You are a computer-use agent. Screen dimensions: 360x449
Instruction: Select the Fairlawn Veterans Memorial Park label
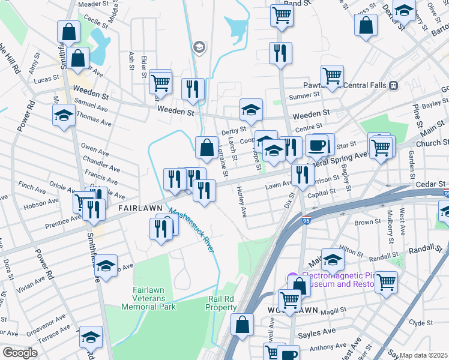(x=148, y=298)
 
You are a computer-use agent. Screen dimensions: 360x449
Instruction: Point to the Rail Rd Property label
(x=222, y=303)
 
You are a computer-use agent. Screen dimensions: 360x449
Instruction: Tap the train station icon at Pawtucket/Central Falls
(x=394, y=85)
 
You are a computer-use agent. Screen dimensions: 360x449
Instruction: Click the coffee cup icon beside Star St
(x=317, y=145)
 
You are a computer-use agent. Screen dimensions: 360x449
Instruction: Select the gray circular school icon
(x=199, y=46)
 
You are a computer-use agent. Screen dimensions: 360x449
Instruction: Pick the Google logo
(x=20, y=353)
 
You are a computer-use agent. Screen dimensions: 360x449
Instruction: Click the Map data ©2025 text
(x=423, y=355)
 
